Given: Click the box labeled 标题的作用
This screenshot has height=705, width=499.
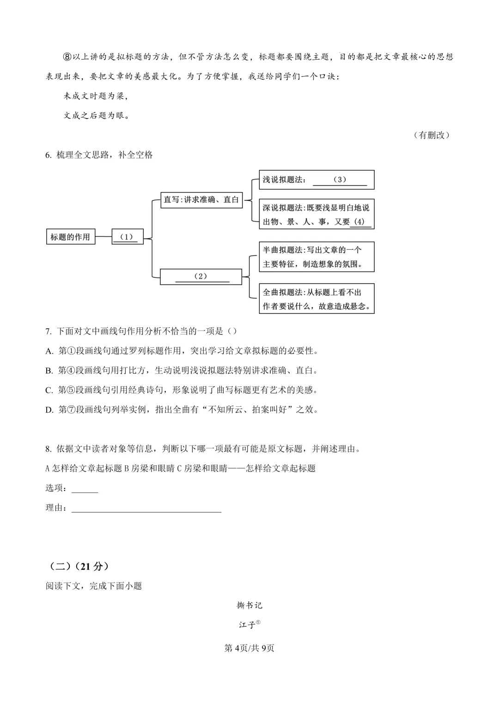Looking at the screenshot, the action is tap(71, 237).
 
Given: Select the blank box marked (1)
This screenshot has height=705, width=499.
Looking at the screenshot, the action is tap(128, 237).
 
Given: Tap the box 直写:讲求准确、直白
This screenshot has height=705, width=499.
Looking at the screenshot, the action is tap(201, 200).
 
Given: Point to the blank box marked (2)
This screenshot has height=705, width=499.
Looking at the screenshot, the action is tap(201, 277).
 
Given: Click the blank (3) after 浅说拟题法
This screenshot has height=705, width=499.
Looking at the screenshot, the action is tap(340, 180).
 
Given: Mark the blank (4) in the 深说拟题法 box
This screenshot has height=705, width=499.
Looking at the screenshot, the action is tap(359, 222).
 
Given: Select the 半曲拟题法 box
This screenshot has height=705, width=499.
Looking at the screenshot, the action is tap(316, 257).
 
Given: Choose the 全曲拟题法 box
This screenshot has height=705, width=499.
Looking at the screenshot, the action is tap(316, 299).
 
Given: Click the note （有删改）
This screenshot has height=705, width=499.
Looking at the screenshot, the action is tap(432, 135).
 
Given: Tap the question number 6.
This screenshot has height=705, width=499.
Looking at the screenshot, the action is tap(48, 155).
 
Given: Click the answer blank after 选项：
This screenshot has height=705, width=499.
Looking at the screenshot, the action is tap(85, 488).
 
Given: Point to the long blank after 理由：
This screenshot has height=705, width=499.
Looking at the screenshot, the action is tap(146, 508).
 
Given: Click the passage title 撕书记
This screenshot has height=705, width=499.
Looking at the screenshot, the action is tap(249, 605).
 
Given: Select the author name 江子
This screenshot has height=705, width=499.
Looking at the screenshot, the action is tap(248, 625).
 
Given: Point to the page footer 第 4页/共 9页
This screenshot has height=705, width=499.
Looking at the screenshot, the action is tap(249, 648).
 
